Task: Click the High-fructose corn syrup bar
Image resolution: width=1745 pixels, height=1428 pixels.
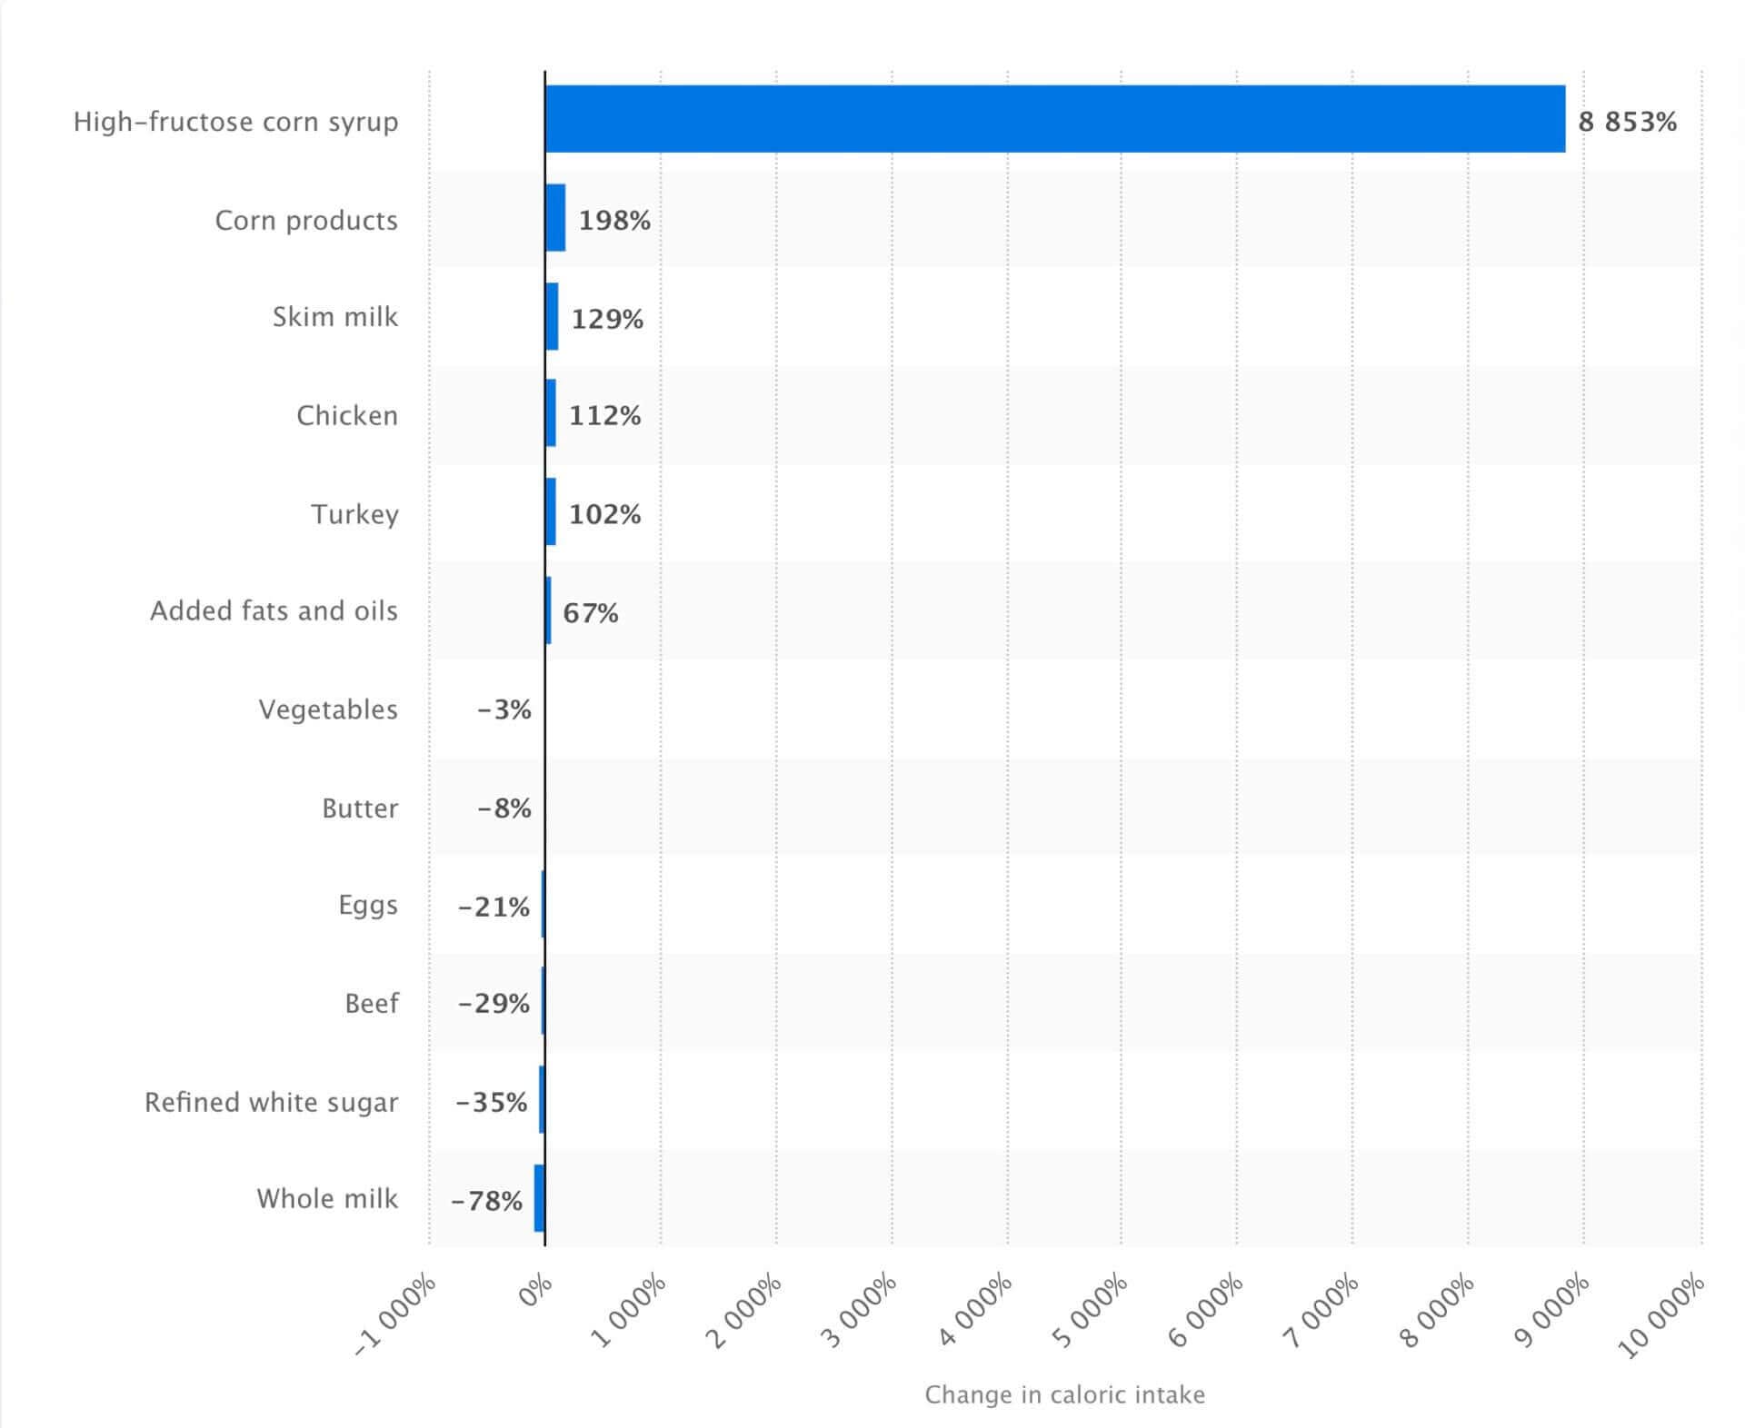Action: coord(1054,119)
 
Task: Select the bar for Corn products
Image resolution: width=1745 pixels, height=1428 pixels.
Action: coord(555,218)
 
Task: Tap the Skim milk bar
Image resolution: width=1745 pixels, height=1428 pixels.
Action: coord(552,316)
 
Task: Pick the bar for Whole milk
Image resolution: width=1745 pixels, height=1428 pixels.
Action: coord(540,1198)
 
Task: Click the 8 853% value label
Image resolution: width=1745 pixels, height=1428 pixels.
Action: coord(1627,122)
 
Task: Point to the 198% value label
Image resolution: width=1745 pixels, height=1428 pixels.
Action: coord(614,221)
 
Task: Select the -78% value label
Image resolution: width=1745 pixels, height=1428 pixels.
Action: coord(487,1201)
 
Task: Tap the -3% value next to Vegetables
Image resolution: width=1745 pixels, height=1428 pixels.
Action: coord(504,709)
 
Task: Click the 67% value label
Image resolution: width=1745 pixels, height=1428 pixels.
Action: coord(591,613)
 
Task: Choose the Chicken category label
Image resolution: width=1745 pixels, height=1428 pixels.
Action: coord(347,415)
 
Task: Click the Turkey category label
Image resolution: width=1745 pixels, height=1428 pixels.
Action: coord(355,514)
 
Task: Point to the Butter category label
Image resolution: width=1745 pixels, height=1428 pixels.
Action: coord(360,808)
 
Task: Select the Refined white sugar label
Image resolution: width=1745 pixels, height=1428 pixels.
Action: coord(272,1102)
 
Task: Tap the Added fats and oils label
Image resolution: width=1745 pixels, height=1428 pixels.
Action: coord(274,610)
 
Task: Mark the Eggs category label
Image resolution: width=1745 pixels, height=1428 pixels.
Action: coord(368,905)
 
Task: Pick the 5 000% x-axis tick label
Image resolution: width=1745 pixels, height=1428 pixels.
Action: coord(1091,1311)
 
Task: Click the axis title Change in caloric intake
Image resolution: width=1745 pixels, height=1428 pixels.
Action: coord(1064,1394)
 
